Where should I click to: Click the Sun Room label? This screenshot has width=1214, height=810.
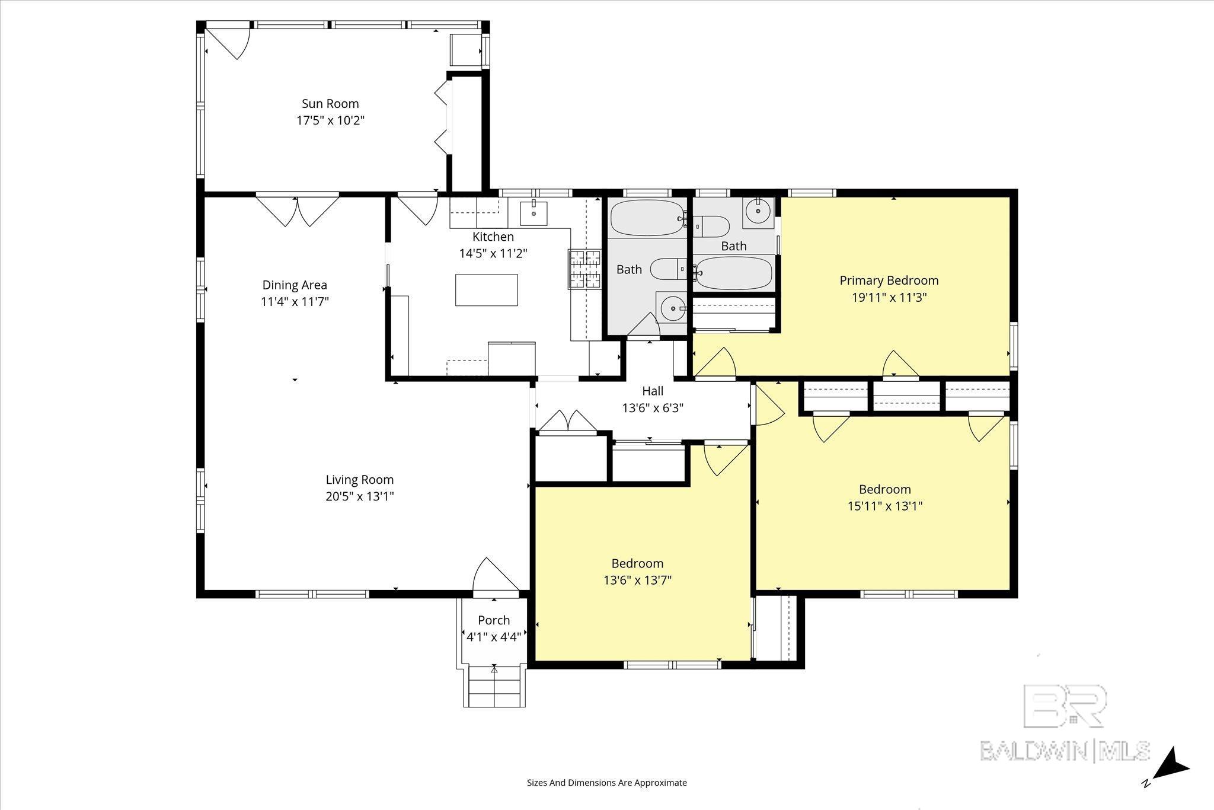click(330, 104)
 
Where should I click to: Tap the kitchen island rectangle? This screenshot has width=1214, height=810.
click(486, 290)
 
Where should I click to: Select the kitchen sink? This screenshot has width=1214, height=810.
click(533, 213)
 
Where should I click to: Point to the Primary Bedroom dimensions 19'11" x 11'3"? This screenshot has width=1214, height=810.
click(889, 297)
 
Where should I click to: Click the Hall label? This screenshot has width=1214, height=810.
click(653, 391)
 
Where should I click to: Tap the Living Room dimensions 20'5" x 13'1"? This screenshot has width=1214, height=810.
click(360, 496)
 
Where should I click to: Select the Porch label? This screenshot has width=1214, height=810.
click(494, 620)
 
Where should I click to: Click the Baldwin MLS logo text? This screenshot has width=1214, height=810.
click(1065, 751)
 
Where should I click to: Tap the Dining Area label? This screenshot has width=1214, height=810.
click(295, 285)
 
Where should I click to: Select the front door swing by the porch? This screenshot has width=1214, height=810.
click(496, 575)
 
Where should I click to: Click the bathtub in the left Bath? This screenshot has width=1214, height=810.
click(647, 218)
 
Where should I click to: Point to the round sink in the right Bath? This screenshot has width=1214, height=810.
click(758, 211)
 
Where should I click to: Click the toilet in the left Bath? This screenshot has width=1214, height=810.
click(669, 269)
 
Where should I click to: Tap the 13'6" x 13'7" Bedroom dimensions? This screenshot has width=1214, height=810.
click(638, 580)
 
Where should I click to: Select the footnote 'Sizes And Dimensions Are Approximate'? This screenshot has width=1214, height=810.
click(607, 783)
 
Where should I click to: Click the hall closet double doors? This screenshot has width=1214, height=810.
click(568, 422)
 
